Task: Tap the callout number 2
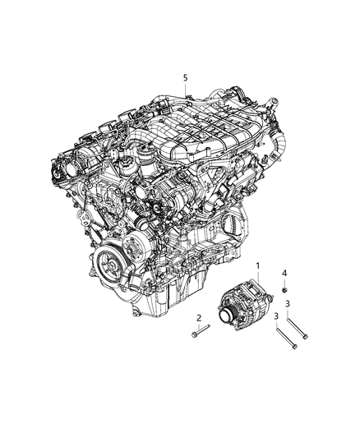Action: (198, 317)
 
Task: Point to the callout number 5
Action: (186, 77)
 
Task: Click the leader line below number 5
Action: (187, 90)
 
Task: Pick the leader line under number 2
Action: (198, 326)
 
